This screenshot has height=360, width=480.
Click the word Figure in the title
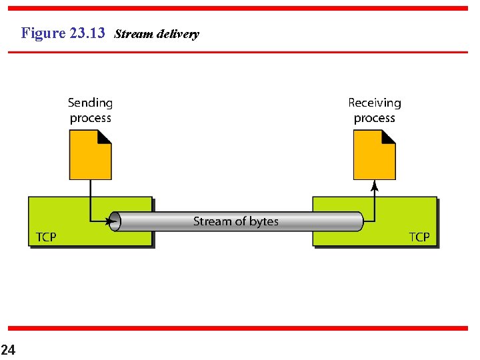(44, 33)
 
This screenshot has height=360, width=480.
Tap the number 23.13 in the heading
(87, 33)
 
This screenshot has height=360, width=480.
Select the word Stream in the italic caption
(133, 34)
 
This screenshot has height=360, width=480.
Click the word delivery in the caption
(177, 34)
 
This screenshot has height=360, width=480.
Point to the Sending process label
(90, 110)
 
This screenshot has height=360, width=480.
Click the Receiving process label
(375, 110)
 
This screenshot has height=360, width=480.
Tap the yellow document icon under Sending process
(88, 157)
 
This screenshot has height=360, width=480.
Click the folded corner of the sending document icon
(104, 137)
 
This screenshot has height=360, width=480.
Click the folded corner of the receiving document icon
(388, 137)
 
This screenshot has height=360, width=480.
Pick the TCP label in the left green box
(45, 237)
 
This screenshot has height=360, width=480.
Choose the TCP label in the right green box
(419, 237)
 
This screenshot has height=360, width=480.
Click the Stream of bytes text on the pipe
(236, 221)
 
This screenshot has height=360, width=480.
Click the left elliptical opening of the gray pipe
(115, 221)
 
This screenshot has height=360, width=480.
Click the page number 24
(8, 349)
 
